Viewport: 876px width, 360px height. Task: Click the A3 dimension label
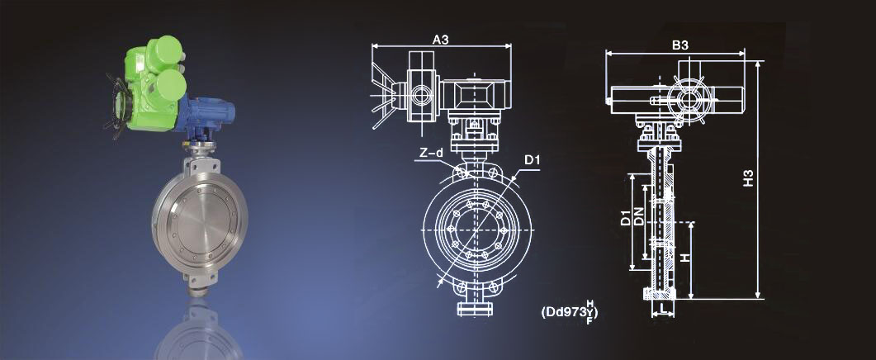pos(441,39)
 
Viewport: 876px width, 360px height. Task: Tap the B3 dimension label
pos(679,46)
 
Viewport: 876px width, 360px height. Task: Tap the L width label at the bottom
pos(663,308)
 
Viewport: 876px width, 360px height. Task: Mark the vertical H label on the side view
pos(686,257)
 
